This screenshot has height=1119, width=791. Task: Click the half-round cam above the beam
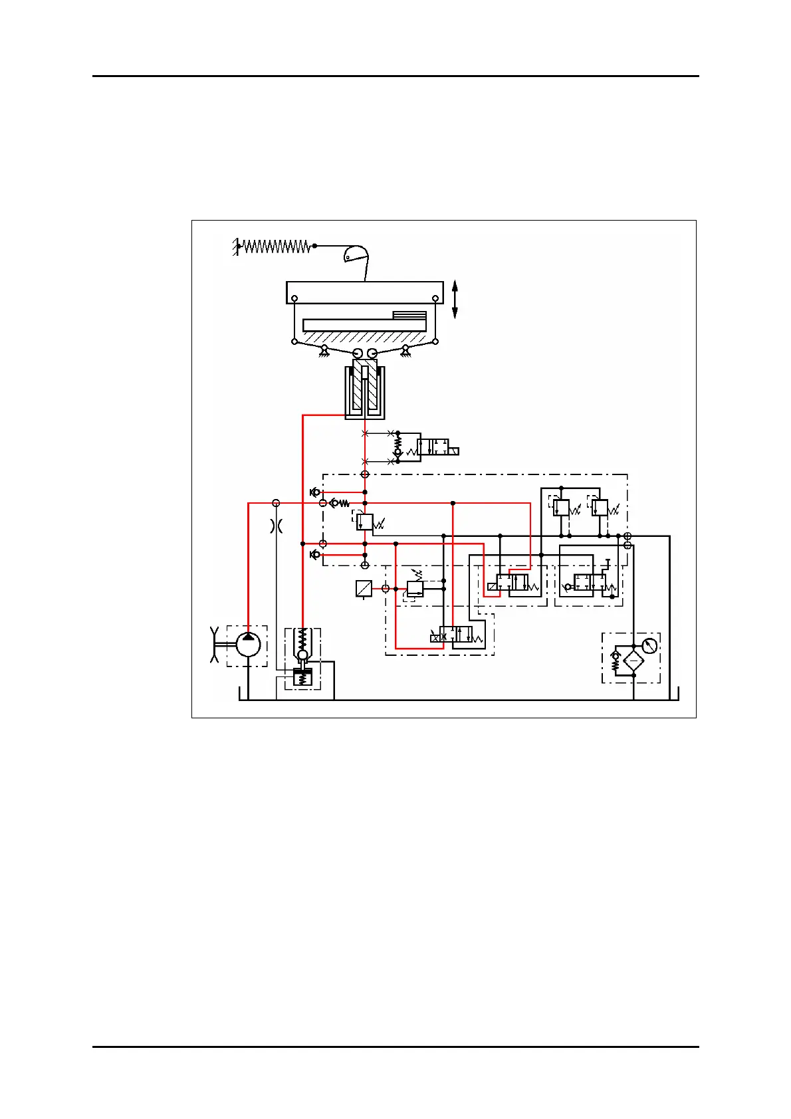356,254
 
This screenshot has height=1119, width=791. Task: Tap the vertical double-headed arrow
455,299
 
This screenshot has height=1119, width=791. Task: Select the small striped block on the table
409,315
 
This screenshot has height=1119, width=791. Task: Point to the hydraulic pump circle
248,645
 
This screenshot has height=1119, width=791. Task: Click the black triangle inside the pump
248,637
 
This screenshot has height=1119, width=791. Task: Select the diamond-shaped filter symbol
633,661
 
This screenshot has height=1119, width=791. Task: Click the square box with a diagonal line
364,589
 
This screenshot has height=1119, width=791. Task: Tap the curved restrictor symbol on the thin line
277,526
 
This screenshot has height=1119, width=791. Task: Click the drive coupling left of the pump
215,645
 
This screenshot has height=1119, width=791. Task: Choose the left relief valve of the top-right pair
562,508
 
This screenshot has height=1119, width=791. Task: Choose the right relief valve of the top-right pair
600,508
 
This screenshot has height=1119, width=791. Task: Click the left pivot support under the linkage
324,350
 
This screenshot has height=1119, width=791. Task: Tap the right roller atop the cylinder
373,353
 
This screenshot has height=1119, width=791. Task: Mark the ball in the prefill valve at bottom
302,656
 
